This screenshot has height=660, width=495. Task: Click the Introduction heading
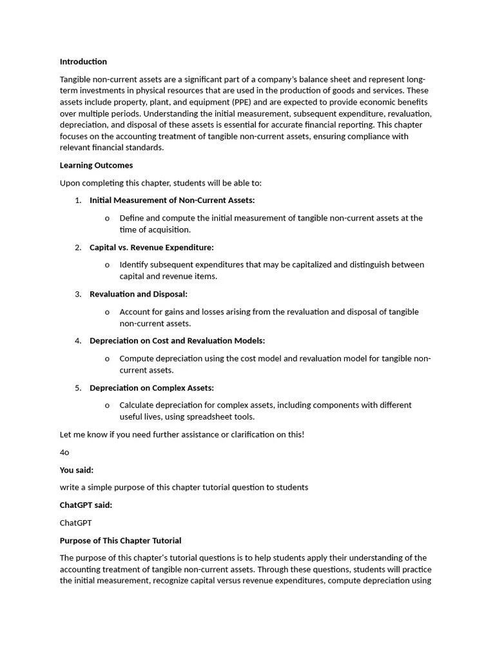[x=83, y=62]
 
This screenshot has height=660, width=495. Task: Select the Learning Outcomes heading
[x=96, y=166]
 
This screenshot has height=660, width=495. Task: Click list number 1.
[x=78, y=200]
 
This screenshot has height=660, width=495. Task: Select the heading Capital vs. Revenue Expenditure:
[x=151, y=247]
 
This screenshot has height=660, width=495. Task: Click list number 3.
[x=78, y=295]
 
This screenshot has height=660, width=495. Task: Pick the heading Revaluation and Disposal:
[x=139, y=295]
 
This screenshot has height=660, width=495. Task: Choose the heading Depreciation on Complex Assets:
[x=151, y=388]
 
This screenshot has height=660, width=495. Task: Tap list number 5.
[x=78, y=388]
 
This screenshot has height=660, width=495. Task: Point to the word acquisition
[x=170, y=230]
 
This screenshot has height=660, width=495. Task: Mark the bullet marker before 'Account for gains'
[x=107, y=313]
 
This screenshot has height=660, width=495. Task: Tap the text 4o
[x=64, y=452]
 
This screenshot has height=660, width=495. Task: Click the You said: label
[x=77, y=471]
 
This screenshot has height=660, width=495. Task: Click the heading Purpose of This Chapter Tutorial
[x=121, y=541]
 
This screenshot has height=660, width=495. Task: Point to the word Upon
[x=70, y=183]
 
